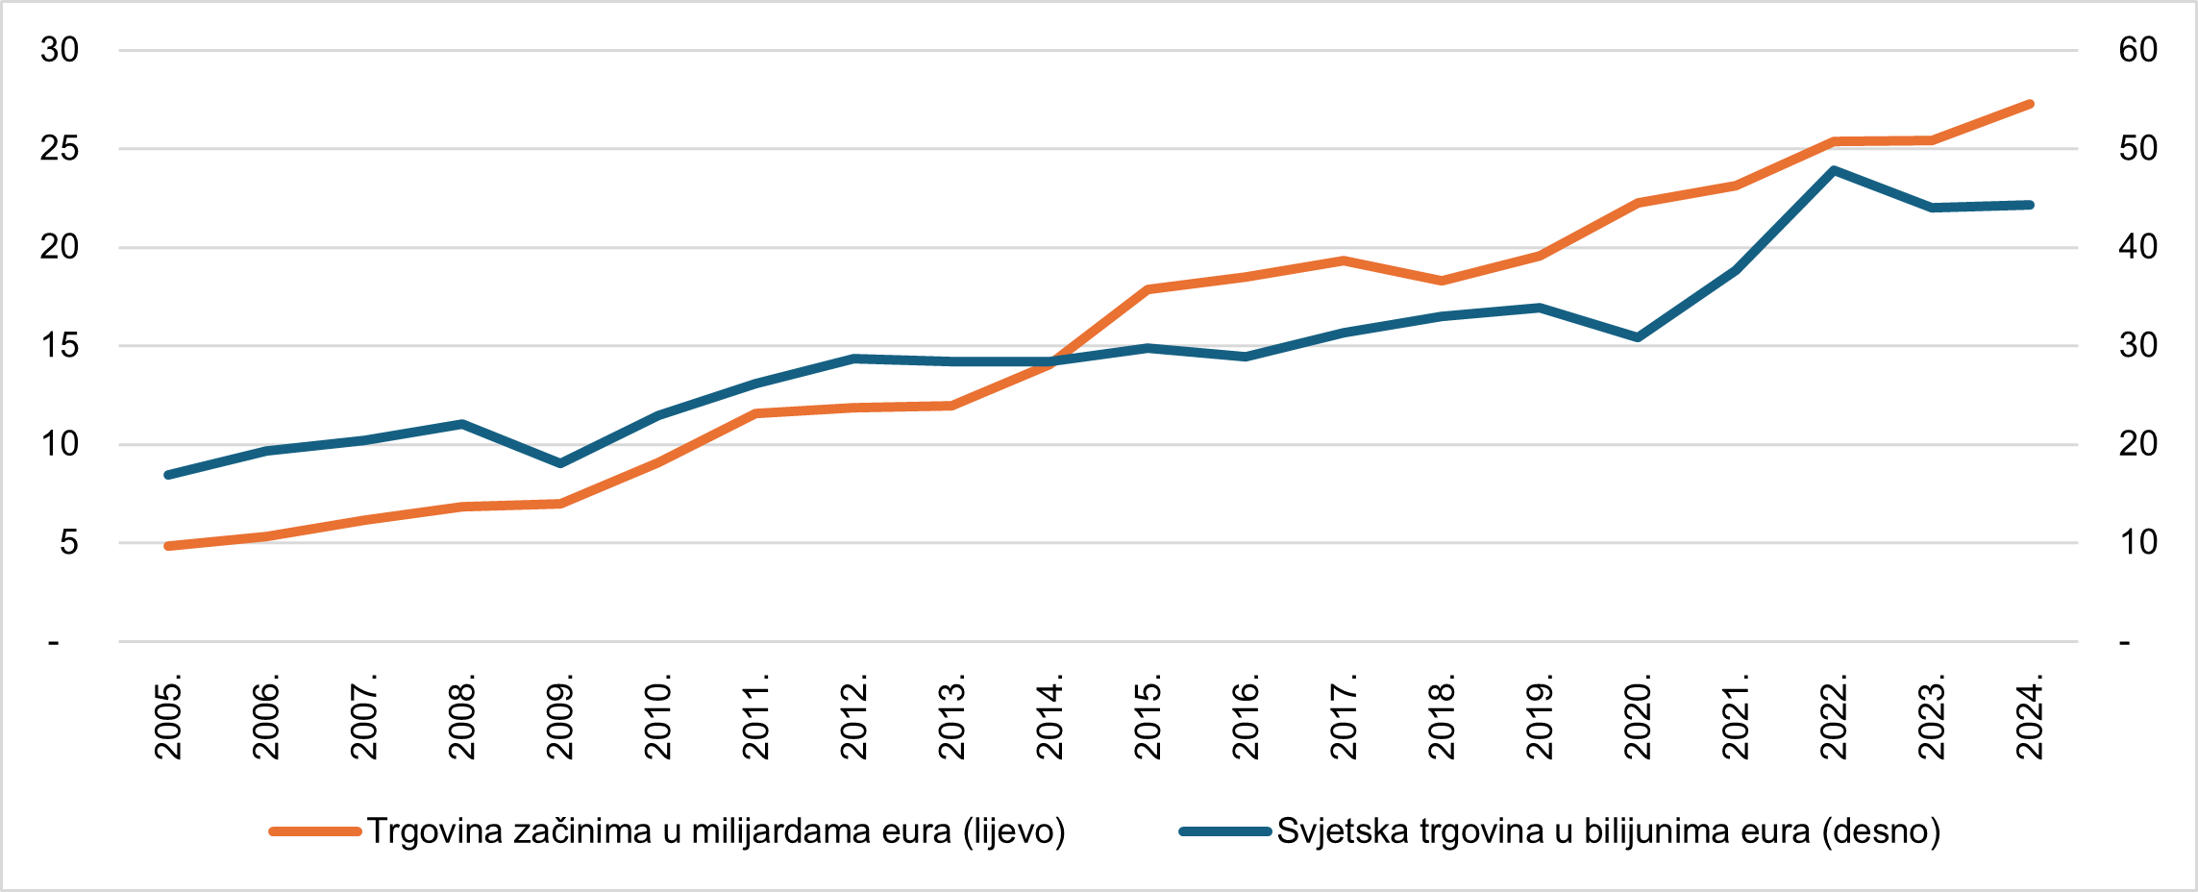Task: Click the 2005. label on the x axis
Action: click(x=168, y=720)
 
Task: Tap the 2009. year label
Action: click(x=560, y=720)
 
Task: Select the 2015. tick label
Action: click(x=1148, y=720)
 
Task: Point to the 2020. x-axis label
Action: click(x=1638, y=720)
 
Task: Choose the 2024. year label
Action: click(x=2030, y=720)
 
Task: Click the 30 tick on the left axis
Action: click(x=60, y=50)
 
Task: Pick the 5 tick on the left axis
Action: click(x=68, y=543)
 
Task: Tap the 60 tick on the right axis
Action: click(x=2137, y=50)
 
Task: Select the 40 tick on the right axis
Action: click(x=2137, y=247)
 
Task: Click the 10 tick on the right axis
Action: click(x=2137, y=543)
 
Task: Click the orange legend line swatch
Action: click(x=315, y=831)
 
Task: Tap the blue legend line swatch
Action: click(x=1225, y=831)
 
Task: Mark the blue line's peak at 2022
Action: click(x=1834, y=171)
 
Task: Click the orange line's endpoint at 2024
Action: click(x=2030, y=104)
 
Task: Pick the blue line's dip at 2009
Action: click(x=560, y=463)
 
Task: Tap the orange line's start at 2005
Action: click(x=168, y=546)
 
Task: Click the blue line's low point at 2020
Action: click(x=1638, y=337)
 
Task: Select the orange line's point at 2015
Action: click(x=1148, y=288)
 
